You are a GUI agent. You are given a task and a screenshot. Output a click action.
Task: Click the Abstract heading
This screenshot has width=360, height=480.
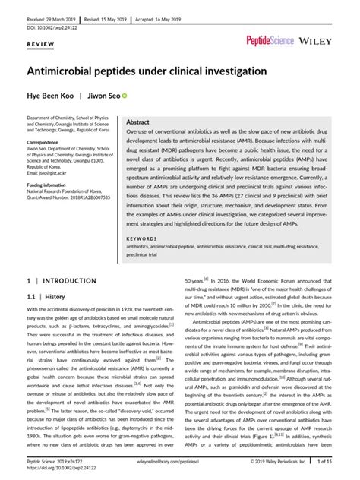(137, 122)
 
